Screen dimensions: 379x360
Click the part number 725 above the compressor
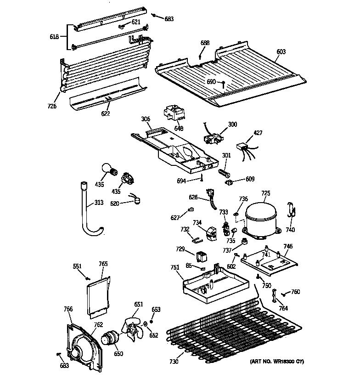coord(266,194)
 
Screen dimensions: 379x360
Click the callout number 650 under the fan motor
coord(119,354)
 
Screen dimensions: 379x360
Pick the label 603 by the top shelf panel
coord(281,52)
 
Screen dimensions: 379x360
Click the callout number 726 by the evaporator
coord(51,106)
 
